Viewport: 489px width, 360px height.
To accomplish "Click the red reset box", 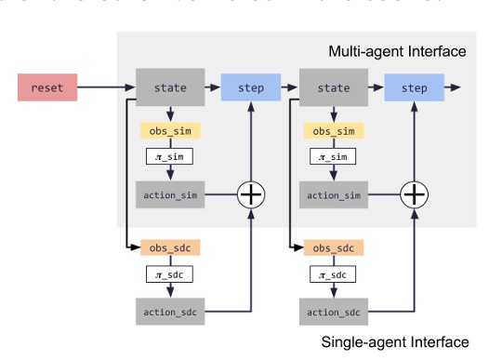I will point(46,88).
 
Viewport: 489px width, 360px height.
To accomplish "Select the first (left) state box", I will point(170,88).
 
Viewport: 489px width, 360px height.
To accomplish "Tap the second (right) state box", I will point(334,88).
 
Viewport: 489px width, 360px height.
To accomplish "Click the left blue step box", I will point(251,88).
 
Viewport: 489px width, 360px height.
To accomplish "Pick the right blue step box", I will point(414,88).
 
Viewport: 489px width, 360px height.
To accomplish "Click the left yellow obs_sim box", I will point(170,131).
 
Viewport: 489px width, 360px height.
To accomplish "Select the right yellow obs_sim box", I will point(334,131).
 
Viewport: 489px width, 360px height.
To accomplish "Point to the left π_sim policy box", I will point(170,157).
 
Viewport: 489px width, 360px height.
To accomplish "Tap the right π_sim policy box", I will point(334,157).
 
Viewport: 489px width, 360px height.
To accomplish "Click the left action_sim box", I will point(170,194).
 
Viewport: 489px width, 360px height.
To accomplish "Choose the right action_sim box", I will point(334,194).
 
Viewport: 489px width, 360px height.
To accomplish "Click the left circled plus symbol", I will point(251,194).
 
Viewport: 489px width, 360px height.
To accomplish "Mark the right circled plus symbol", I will point(414,194).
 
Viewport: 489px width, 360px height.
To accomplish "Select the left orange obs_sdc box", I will point(170,249).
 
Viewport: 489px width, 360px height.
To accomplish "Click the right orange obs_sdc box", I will point(334,249).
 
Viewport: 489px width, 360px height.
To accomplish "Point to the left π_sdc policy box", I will point(170,275).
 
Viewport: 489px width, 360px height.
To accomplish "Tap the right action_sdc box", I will point(334,312).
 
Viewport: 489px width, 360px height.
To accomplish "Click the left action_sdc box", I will point(170,312).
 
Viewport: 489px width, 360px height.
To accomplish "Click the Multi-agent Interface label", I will point(397,51).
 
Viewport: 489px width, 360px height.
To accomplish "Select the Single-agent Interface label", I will point(395,342).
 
